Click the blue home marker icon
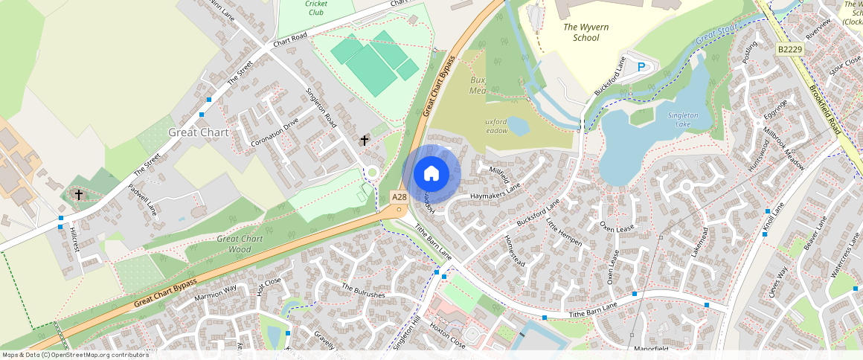(431, 174)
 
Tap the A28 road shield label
(400, 197)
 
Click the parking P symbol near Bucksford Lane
(641, 68)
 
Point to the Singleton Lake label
(683, 119)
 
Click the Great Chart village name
(198, 132)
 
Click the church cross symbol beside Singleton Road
(365, 140)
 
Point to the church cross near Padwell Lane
(78, 195)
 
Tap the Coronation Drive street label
(275, 132)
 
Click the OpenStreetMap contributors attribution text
(74, 355)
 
